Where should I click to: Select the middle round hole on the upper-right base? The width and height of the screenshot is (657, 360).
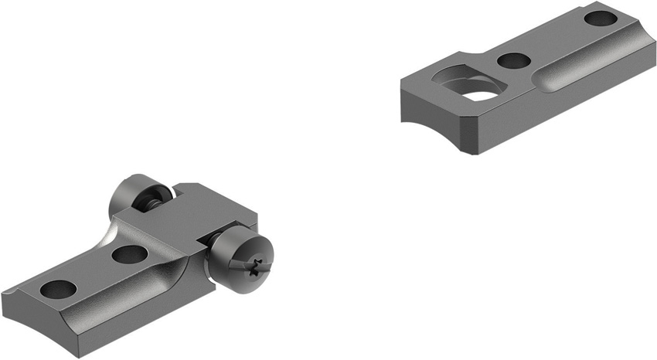click(x=511, y=59)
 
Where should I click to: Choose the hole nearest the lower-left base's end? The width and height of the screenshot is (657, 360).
click(x=59, y=289)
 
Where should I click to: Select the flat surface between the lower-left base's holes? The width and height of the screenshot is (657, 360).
click(x=93, y=270)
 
